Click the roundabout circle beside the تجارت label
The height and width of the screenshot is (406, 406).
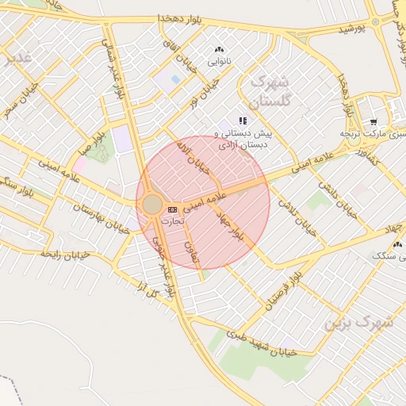(x=152, y=205)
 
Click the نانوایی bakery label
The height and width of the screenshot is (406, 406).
(x=220, y=60)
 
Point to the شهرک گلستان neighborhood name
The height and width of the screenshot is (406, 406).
(x=270, y=92)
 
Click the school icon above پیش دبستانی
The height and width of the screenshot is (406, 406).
(x=243, y=121)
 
